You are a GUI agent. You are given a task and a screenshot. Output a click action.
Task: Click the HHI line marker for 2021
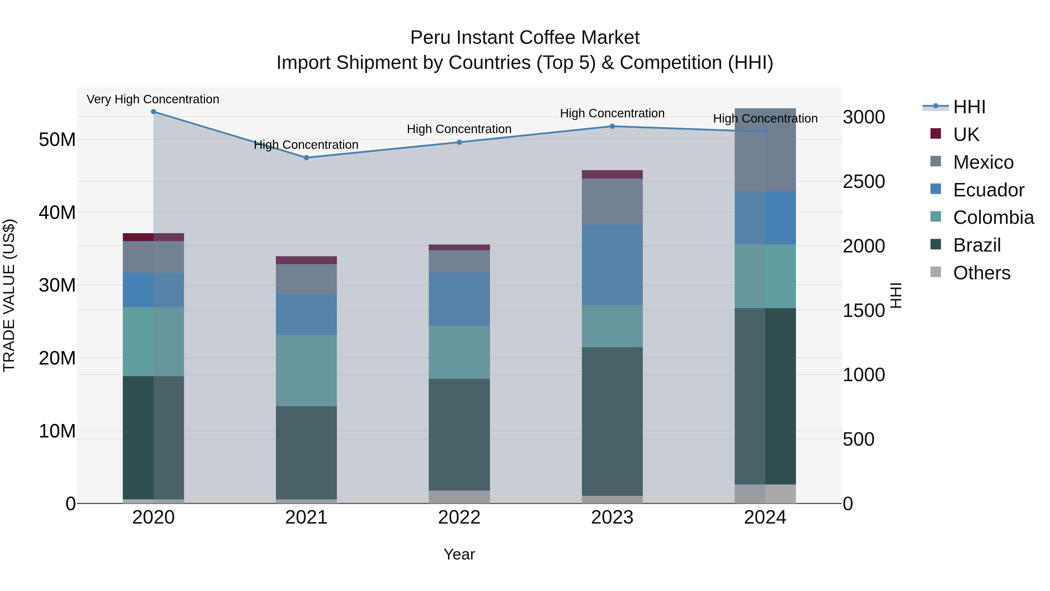306,157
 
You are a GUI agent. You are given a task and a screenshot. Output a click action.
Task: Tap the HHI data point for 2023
612,126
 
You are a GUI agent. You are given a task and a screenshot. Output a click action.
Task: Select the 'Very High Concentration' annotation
153,99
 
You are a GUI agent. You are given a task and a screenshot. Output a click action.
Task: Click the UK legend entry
966,135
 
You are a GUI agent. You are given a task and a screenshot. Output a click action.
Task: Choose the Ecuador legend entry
988,190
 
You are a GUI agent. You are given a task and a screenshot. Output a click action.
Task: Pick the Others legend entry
981,273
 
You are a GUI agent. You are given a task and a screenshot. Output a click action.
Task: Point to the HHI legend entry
969,107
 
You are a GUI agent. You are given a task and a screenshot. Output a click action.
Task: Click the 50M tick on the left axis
57,140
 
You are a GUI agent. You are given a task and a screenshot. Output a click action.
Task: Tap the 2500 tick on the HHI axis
864,182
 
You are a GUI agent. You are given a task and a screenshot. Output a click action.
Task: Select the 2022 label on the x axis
459,517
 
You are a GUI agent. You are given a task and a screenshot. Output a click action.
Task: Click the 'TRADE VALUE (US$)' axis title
9,295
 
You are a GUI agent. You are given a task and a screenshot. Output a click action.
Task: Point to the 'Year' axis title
459,554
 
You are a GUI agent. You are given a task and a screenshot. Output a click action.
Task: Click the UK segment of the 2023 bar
612,175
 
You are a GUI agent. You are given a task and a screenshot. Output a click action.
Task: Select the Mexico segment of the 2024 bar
765,150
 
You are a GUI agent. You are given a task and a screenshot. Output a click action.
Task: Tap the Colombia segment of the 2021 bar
306,370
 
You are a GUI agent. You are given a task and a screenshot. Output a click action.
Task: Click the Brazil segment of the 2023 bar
612,421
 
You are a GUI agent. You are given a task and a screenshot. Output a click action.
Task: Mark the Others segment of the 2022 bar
459,497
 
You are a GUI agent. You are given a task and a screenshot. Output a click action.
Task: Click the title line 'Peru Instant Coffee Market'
525,38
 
